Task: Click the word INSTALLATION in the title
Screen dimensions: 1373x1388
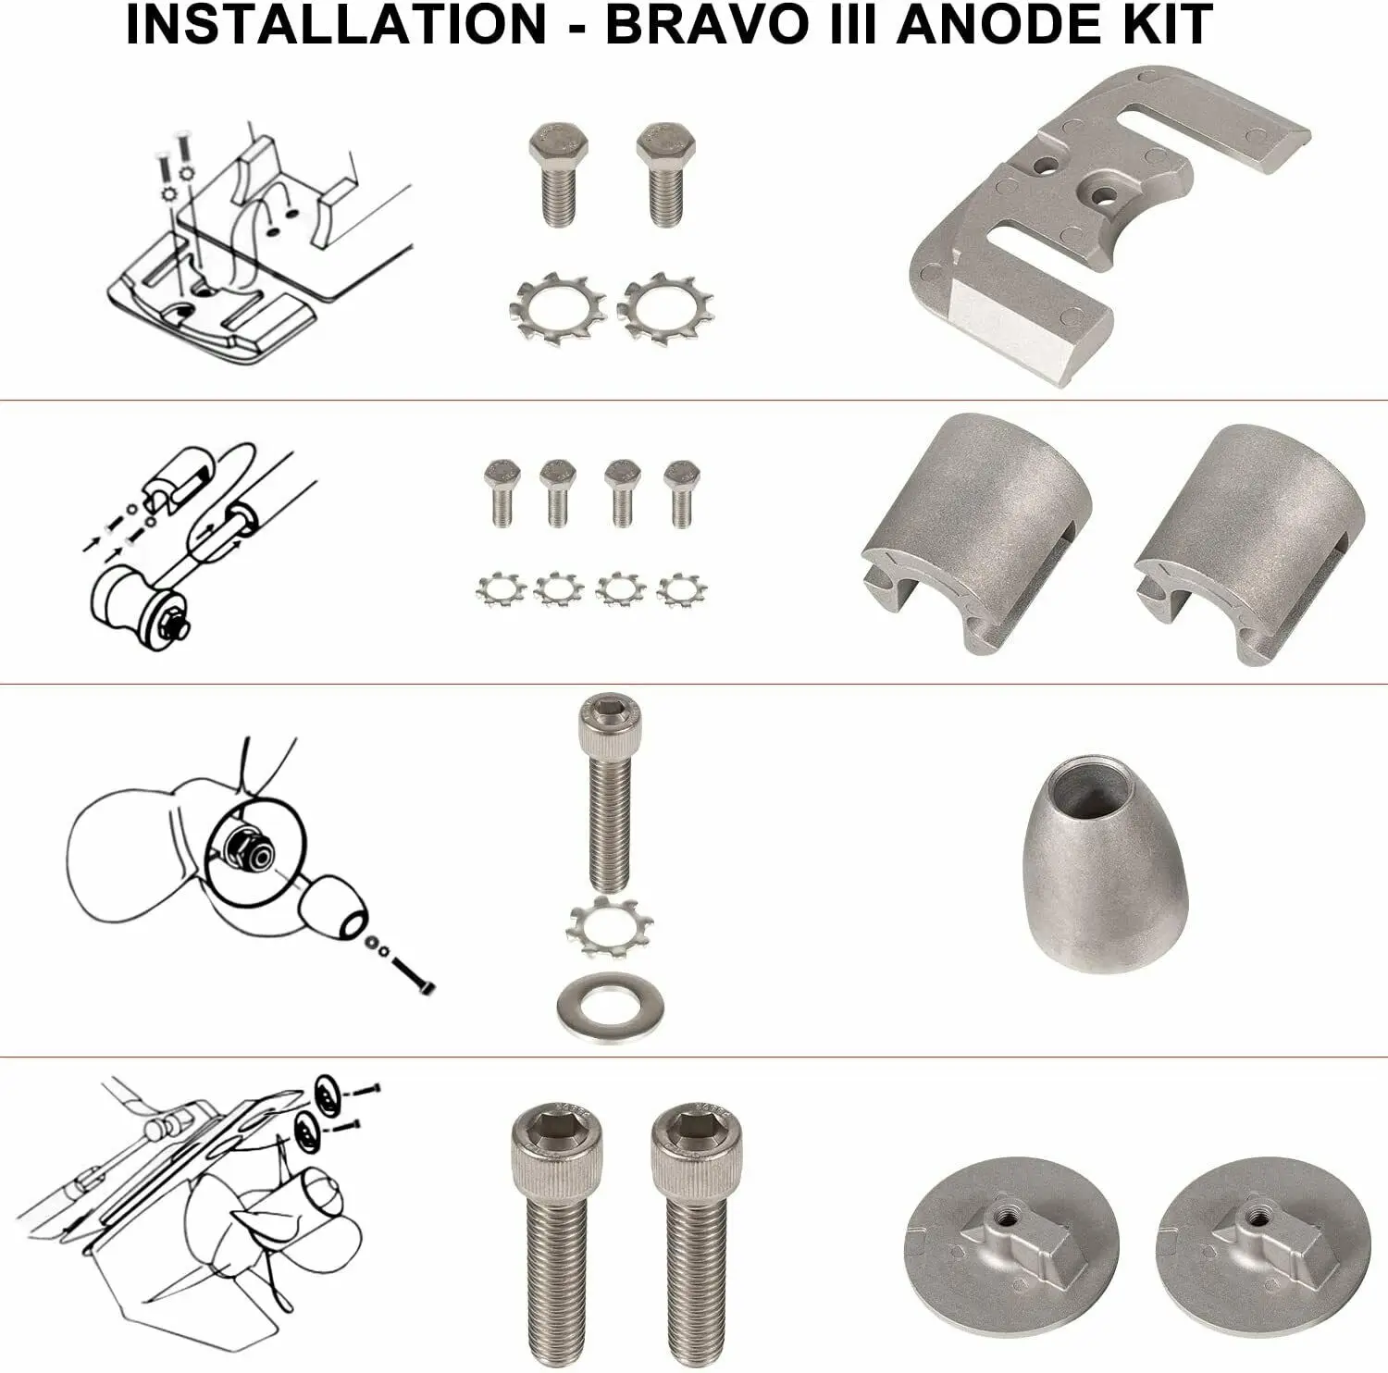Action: [335, 25]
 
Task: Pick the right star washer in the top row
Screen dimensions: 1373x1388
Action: [664, 308]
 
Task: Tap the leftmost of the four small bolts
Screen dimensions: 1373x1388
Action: [502, 491]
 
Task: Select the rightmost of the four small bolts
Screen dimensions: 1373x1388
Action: [681, 491]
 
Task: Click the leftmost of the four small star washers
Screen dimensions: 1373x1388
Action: [501, 588]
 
